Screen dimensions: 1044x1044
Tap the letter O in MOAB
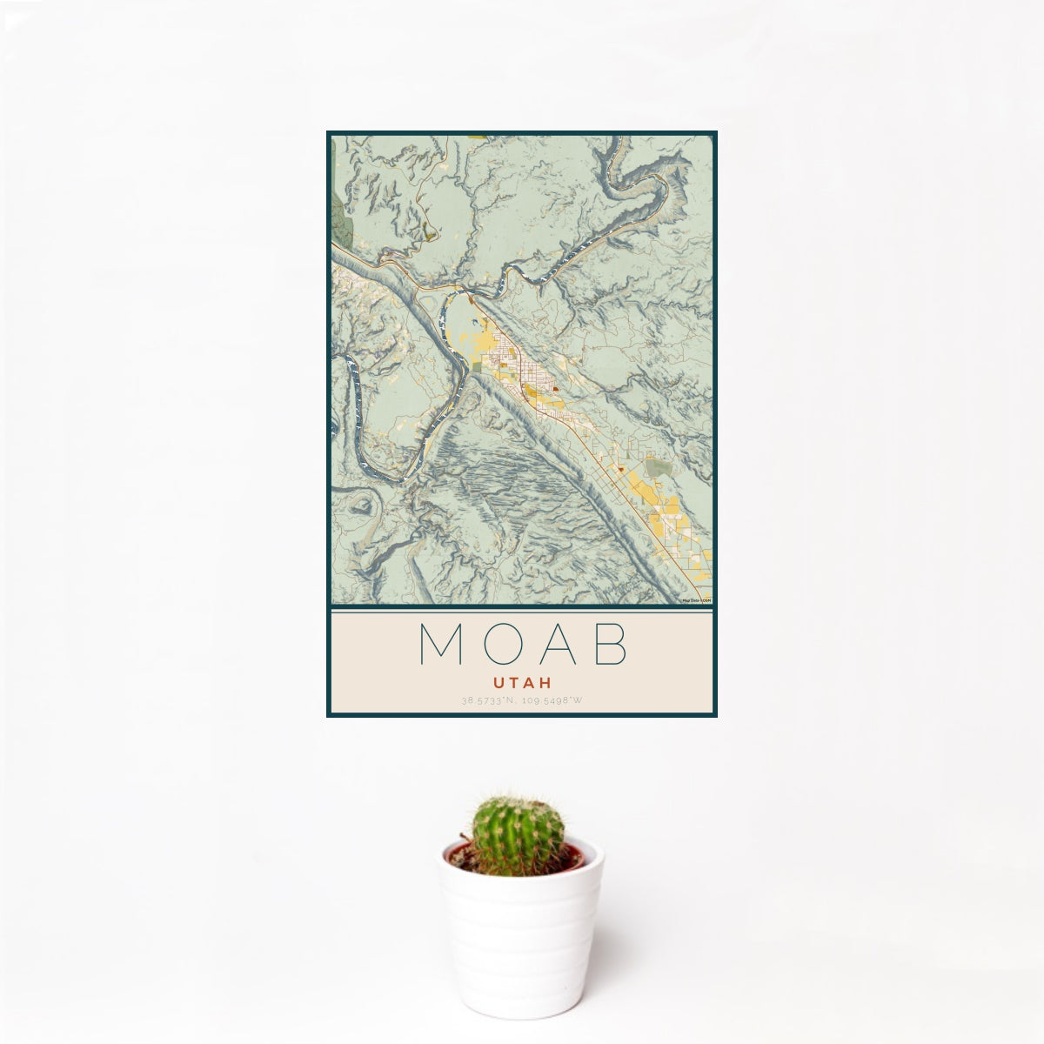pos(494,645)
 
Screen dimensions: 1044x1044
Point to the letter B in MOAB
pos(610,645)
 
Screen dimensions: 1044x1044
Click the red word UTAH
pos(522,684)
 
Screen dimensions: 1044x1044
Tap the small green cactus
pos(518,834)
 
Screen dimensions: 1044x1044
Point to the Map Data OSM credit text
pos(697,600)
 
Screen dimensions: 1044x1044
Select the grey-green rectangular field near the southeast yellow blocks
pos(659,469)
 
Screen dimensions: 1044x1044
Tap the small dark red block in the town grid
pos(554,391)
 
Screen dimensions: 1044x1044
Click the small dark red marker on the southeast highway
pos(622,470)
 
